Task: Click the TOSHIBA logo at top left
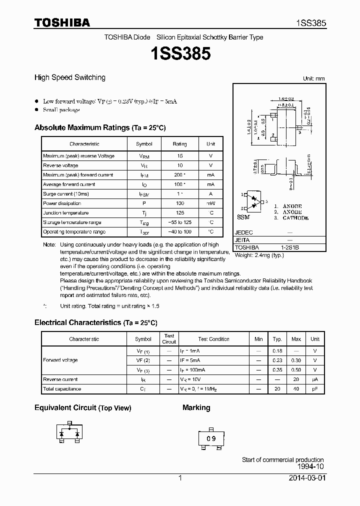tap(62, 22)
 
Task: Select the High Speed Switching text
tap(69, 77)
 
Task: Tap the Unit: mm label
tap(313, 78)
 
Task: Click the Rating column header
tap(179, 144)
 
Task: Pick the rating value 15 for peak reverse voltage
tap(179, 156)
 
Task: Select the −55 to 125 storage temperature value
tap(179, 222)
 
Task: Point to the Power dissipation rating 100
tap(179, 203)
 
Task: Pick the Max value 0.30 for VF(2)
tap(296, 360)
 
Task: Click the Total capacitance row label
tap(62, 389)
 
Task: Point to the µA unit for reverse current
tap(315, 379)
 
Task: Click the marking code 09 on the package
tap(211, 438)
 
